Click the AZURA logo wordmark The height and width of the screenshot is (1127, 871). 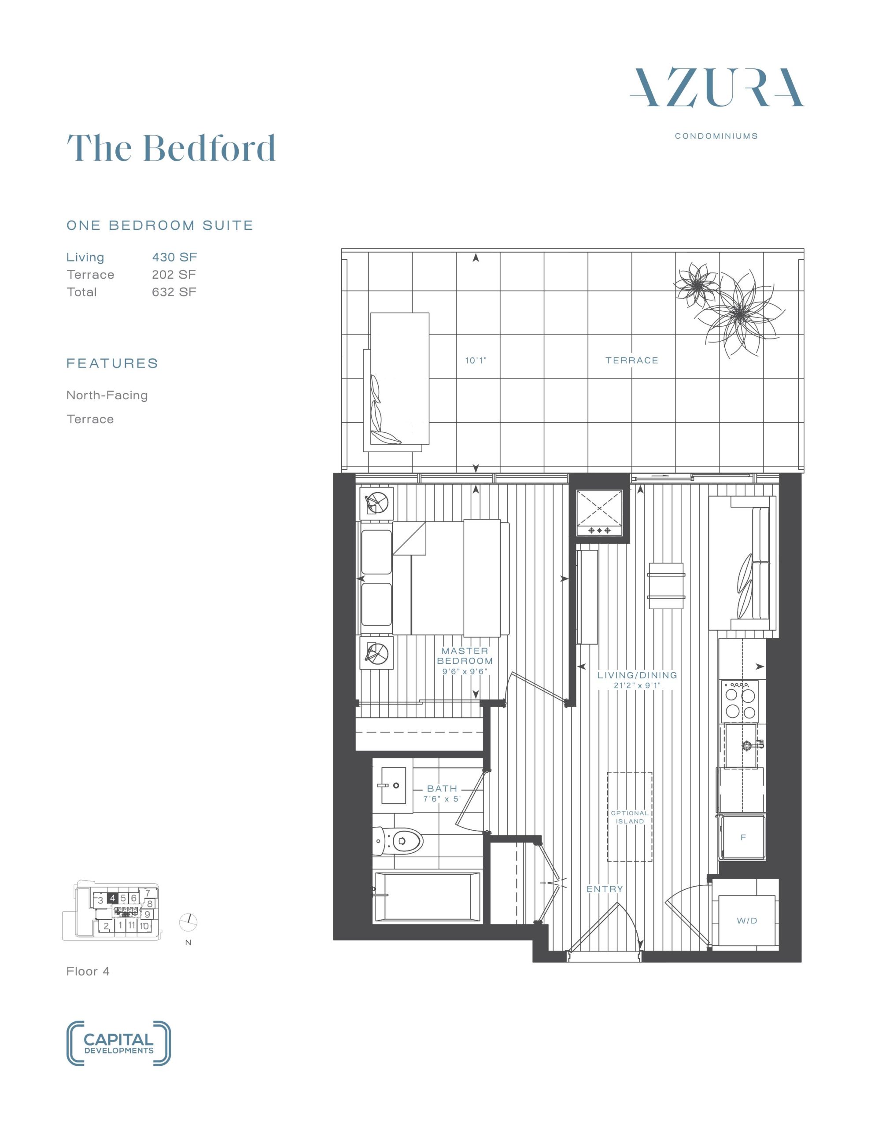tap(716, 88)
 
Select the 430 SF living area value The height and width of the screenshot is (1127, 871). tap(174, 257)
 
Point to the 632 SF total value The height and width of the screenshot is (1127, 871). tap(174, 291)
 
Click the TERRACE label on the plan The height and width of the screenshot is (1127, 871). tap(632, 360)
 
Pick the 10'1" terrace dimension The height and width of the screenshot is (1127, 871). tap(476, 360)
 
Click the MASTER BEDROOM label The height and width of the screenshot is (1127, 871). tap(465, 656)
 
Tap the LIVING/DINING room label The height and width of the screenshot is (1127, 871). tap(637, 675)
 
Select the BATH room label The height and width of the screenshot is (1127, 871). tap(442, 788)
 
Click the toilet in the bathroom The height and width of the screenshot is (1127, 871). tap(398, 841)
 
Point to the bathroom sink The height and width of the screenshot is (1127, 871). tap(393, 785)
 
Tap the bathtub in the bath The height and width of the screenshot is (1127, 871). tap(427, 897)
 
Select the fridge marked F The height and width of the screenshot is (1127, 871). tap(743, 837)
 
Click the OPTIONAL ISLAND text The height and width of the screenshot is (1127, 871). tap(629, 817)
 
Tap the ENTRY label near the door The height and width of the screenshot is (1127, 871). tap(605, 889)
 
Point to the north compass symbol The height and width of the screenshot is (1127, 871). tap(188, 921)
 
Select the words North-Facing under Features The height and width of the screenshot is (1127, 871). tap(107, 395)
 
